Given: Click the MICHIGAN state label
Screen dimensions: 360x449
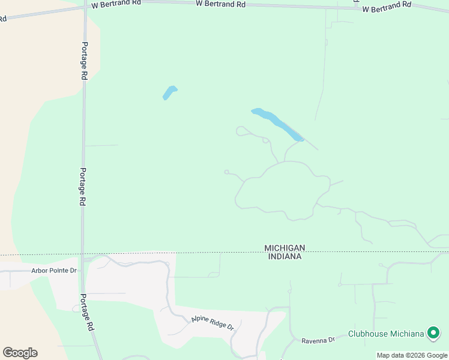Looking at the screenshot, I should click(x=285, y=248).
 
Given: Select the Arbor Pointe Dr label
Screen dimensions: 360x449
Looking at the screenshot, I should click(x=54, y=270).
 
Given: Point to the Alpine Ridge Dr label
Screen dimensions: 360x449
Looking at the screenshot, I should click(x=212, y=322).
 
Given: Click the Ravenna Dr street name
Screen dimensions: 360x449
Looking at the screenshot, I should click(x=318, y=340).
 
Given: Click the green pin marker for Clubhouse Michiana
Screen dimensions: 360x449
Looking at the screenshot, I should click(x=433, y=332).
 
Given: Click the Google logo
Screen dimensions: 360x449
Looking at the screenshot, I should click(x=20, y=353).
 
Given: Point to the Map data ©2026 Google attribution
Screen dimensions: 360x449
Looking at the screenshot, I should click(x=412, y=355).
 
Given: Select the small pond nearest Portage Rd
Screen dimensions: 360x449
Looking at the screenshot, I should click(x=170, y=92).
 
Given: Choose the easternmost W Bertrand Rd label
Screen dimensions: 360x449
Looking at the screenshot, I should click(x=386, y=7).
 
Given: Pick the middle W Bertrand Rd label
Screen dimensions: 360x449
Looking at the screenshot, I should click(x=221, y=4).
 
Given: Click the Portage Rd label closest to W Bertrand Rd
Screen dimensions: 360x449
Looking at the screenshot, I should click(x=85, y=61).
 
